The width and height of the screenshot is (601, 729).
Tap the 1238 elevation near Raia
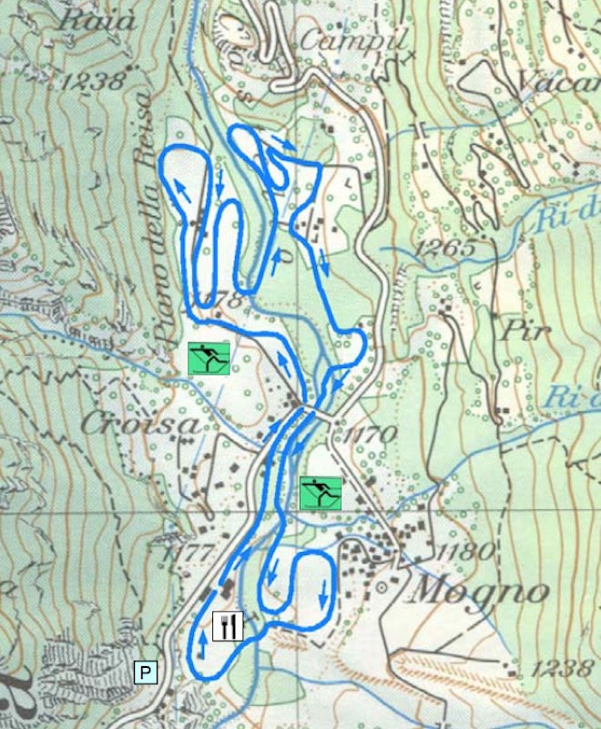[x=93, y=81]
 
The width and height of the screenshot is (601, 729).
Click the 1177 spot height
[x=187, y=552]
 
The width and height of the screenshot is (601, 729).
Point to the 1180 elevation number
[x=464, y=551]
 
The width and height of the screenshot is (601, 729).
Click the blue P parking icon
[x=146, y=673]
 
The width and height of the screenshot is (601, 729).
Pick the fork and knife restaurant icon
[x=228, y=626]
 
